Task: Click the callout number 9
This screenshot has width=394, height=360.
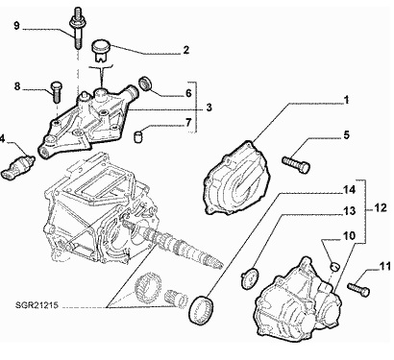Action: [17, 25]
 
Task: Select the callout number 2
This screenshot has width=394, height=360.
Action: [186, 50]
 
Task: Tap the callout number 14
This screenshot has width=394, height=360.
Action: [350, 190]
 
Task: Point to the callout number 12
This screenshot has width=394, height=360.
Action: [381, 208]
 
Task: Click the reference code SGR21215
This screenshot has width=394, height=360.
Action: [37, 305]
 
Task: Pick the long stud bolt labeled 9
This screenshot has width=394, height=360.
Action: [77, 28]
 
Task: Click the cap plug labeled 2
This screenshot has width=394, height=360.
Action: [100, 50]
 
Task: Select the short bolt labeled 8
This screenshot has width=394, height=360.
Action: [56, 92]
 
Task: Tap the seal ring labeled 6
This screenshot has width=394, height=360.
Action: [146, 84]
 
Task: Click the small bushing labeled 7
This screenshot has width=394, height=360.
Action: [138, 135]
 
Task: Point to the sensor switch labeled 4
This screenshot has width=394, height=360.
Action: [18, 164]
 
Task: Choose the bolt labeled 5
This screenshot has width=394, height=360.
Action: [296, 164]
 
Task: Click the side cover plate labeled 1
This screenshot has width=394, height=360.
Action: [235, 177]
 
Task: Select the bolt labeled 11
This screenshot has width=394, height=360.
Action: [358, 289]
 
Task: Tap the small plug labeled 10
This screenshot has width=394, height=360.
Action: [334, 267]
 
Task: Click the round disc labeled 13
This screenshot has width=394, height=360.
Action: [249, 278]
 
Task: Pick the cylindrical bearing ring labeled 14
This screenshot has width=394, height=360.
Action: [201, 311]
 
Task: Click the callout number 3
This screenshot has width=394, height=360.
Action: [209, 108]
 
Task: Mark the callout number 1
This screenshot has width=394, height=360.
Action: [346, 101]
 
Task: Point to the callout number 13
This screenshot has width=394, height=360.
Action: [350, 211]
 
